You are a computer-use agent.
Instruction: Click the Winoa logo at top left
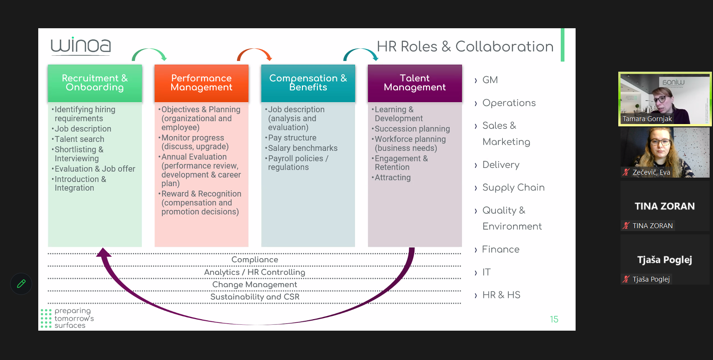coord(81,46)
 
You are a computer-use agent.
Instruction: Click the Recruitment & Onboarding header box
coord(95,83)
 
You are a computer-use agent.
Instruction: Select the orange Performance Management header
coord(201,83)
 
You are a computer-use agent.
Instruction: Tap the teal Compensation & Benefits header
coord(308,83)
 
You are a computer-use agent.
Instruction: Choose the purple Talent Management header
coord(415,83)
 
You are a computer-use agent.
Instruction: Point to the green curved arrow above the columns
coord(149,53)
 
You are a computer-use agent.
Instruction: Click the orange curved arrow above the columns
coord(255,53)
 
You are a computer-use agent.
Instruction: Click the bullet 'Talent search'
coord(79,139)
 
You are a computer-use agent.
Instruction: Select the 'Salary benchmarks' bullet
coord(303,148)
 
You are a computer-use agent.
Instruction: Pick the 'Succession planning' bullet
coord(412,129)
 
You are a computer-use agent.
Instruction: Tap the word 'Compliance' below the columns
coord(255,260)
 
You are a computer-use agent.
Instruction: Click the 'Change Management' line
coord(255,285)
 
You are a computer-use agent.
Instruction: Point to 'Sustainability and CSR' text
coord(255,297)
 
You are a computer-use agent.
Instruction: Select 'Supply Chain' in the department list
coord(513,188)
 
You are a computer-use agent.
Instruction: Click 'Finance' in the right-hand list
coord(501,249)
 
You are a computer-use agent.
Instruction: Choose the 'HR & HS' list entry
coord(501,295)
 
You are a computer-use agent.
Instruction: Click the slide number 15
coord(554,320)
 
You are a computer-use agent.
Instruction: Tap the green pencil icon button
coord(21,284)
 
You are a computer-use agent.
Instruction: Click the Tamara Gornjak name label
coord(647,119)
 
